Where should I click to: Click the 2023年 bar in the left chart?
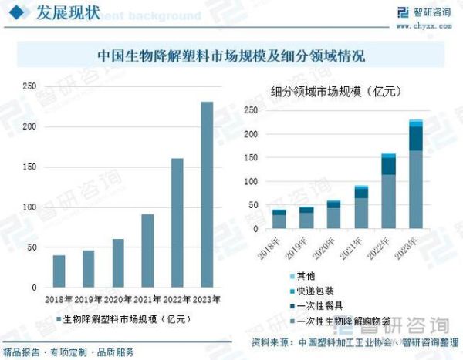207,194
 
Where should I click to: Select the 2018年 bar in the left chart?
59,271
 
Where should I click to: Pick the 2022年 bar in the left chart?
177,223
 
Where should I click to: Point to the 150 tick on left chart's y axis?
30,167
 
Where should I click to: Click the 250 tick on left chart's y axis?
30,86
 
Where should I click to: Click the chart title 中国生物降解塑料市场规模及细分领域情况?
231,56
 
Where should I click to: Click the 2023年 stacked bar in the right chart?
416,174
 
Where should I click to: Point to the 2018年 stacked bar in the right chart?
279,219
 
